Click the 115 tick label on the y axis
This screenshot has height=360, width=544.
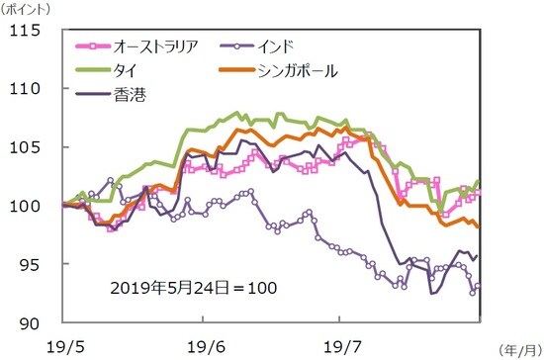pyautogui.click(x=24, y=31)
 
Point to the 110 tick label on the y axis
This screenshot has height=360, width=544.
pyautogui.click(x=24, y=89)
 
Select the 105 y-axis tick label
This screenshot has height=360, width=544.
pyautogui.click(x=24, y=147)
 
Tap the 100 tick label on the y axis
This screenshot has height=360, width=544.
pyautogui.click(x=24, y=206)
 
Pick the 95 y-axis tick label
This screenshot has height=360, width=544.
pyautogui.click(x=30, y=264)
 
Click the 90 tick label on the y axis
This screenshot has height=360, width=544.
pyautogui.click(x=30, y=322)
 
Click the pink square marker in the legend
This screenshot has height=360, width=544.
pyautogui.click(x=96, y=45)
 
